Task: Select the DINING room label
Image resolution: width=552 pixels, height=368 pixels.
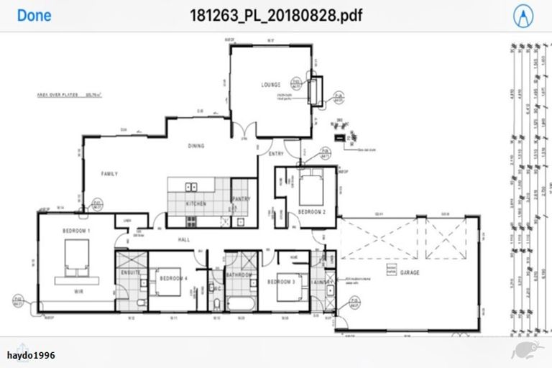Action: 196,146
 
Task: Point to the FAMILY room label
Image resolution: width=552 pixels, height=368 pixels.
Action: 109,174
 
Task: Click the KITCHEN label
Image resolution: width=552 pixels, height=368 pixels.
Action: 196,204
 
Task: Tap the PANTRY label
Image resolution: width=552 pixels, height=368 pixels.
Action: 240,200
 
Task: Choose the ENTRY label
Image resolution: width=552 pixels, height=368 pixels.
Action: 277,154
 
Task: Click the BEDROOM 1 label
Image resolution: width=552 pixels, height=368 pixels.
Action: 76,231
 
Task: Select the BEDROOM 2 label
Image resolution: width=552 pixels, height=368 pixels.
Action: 313,213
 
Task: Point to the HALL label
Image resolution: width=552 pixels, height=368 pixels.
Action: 184,240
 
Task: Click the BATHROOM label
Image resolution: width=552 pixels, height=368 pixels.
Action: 239,275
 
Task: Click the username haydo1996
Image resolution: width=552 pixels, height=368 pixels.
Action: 31,355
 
